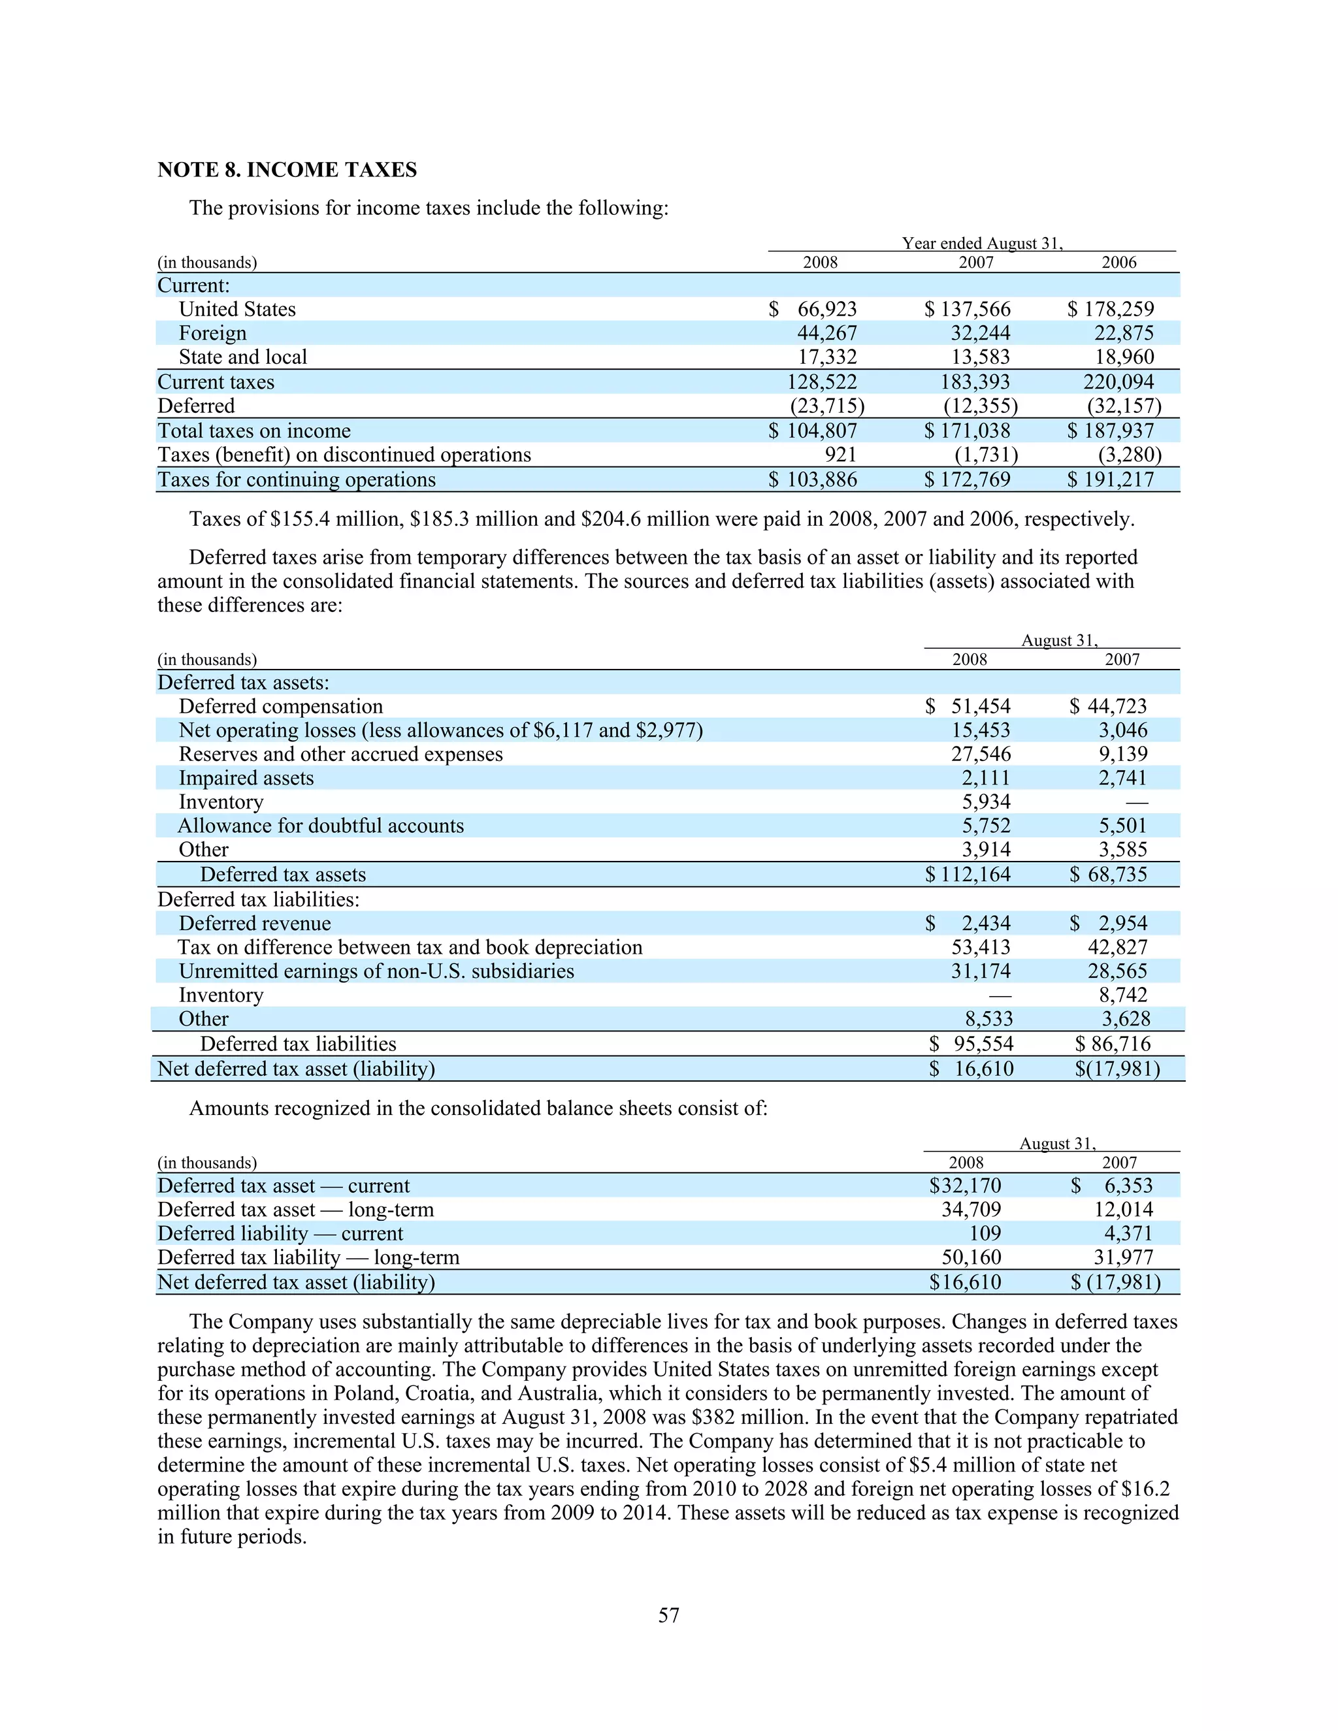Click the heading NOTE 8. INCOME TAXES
coord(287,170)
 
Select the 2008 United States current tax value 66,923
coord(826,309)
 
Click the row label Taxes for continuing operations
coord(297,479)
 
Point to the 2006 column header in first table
coord(1118,263)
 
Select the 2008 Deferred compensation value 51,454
coord(981,706)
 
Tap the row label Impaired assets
coord(246,777)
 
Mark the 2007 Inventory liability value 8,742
coord(1123,995)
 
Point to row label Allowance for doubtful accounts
coord(320,825)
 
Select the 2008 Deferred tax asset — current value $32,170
coord(965,1186)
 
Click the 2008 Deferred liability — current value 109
coord(985,1233)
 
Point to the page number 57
coord(668,1615)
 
